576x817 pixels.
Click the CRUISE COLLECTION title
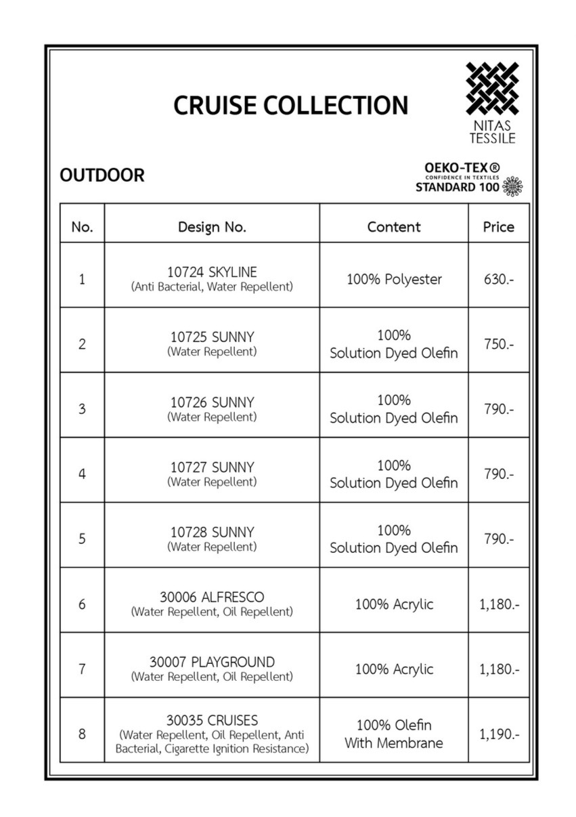[x=291, y=106]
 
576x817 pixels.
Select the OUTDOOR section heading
[x=102, y=175]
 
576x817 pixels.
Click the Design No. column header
[x=212, y=227]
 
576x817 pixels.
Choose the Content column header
[x=394, y=227]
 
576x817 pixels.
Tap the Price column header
[x=498, y=227]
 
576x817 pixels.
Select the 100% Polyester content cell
[x=394, y=279]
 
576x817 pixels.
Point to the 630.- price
[x=498, y=279]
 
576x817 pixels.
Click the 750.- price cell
[x=498, y=344]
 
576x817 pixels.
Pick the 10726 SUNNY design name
[x=212, y=402]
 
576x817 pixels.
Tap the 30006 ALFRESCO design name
[x=212, y=598]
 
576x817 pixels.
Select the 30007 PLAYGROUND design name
[x=212, y=662]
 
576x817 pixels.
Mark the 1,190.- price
[x=499, y=734]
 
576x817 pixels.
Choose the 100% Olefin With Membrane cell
[x=394, y=734]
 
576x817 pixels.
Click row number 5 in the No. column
[x=82, y=539]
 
